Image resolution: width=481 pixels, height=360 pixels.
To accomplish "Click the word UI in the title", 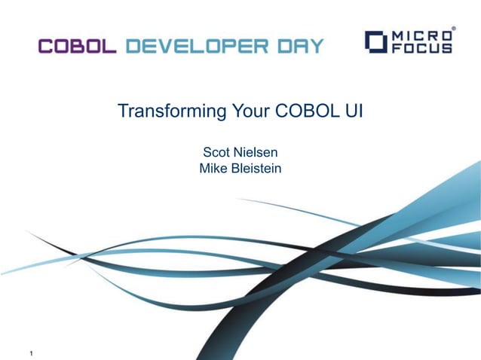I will tap(354, 112).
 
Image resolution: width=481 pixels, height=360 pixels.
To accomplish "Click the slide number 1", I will tap(31, 352).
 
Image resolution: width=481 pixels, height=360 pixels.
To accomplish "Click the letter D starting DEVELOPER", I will tap(133, 46).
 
